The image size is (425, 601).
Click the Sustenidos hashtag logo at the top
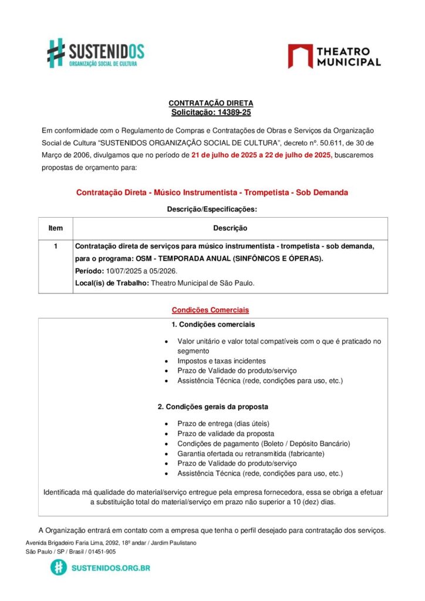coord(56,52)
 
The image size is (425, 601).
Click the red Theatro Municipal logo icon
coord(300,56)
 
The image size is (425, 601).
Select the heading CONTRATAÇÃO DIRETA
coord(211,103)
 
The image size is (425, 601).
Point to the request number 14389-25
coord(230,112)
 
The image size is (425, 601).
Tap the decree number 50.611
coord(319,142)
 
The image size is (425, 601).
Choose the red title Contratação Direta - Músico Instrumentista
coord(212,193)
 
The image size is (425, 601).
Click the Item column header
coord(55,228)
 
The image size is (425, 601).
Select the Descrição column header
coord(230,228)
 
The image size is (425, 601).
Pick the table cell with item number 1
coord(55,247)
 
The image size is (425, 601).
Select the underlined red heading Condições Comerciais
coord(210,309)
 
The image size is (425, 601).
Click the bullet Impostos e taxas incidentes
coord(221,361)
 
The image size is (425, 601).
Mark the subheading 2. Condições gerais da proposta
coord(212,407)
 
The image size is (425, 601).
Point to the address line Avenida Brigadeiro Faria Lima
coord(111,543)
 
